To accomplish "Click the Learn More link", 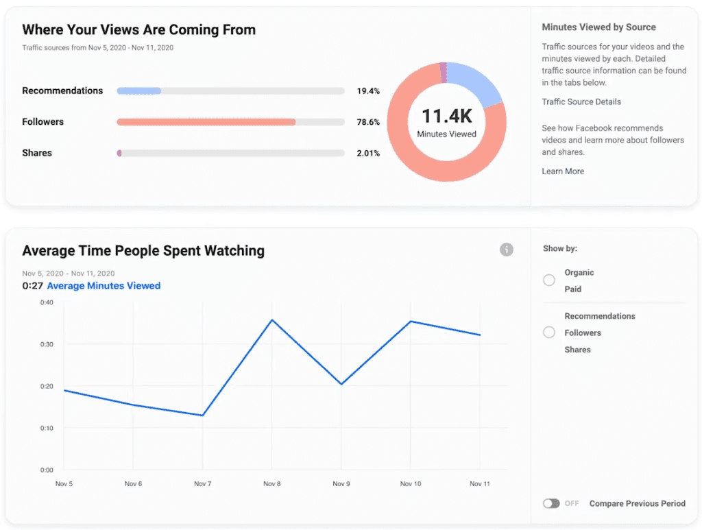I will tap(563, 171).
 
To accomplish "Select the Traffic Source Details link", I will tap(581, 102).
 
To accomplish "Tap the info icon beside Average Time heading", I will tap(507, 250).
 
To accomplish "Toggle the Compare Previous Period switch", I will tap(551, 503).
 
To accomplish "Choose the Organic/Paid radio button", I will tap(549, 280).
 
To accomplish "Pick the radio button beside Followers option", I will tap(549, 333).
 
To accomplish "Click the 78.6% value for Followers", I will tap(368, 122).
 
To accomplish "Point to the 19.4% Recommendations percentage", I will tap(368, 91).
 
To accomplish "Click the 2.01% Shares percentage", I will tap(368, 154).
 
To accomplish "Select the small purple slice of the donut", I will tap(443, 72).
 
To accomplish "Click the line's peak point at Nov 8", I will tap(272, 320).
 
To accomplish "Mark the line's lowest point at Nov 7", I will tap(203, 415).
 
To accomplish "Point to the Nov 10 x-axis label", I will tap(410, 484).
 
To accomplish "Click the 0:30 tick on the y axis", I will tap(47, 344).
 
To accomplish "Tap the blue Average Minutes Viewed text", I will tap(104, 286).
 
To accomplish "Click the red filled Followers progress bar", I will tap(206, 122).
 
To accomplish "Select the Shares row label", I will tap(37, 153).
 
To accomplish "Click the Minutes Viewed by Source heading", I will tap(598, 27).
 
